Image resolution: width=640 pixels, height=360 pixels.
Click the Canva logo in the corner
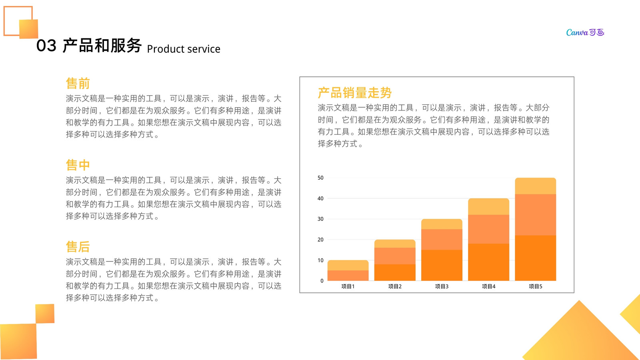(585, 32)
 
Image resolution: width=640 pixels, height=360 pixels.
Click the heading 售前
(78, 84)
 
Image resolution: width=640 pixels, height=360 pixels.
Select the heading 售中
(78, 165)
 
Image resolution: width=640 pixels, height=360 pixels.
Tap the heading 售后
(78, 247)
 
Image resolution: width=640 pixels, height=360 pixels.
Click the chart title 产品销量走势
(354, 93)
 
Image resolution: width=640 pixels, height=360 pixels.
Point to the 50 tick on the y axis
(320, 178)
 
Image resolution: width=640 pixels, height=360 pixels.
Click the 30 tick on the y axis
(320, 219)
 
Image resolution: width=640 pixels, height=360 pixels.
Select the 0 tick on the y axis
(322, 281)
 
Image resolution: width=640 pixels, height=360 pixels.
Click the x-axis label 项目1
(348, 286)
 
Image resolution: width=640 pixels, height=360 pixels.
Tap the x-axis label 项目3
(442, 286)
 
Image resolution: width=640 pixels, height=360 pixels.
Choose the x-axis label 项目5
(536, 286)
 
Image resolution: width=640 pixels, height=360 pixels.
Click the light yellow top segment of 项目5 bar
(536, 186)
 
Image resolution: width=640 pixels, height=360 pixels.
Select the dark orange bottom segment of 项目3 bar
(442, 265)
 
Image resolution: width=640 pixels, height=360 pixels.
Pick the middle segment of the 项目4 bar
(488, 229)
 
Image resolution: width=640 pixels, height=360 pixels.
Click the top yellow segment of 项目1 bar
(348, 265)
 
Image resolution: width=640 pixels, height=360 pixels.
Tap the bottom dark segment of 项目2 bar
(395, 272)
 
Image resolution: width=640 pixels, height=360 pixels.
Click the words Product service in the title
(184, 49)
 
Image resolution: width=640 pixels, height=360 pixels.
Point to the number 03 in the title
(46, 46)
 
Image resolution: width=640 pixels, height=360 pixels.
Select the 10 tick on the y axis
(320, 260)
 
